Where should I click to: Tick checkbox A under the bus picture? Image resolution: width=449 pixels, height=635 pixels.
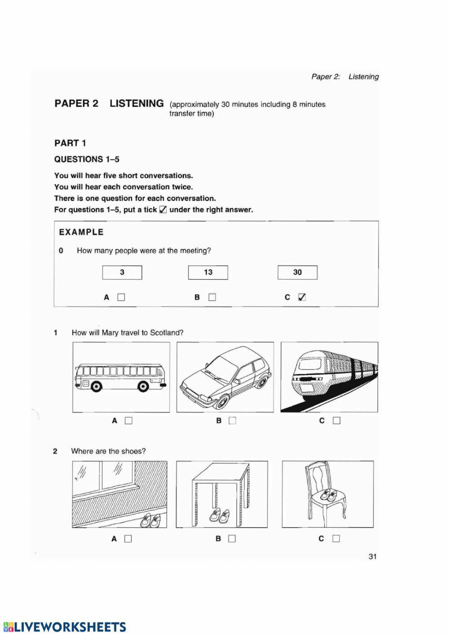tap(129, 421)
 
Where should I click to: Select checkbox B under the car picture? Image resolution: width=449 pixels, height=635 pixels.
tap(232, 421)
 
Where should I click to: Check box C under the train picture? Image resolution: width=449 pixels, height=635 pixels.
tap(337, 421)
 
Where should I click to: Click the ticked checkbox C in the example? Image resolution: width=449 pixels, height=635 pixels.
tap(302, 297)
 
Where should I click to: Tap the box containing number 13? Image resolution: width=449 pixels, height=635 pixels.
tap(208, 272)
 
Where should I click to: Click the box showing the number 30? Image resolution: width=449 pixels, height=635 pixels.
tap(297, 272)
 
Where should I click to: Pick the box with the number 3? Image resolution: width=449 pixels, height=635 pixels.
tap(122, 272)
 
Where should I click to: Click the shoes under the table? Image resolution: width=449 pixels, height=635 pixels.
tap(220, 516)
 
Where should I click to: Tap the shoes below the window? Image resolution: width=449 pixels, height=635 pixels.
tap(151, 520)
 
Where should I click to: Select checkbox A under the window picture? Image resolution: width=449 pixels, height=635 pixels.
tap(128, 538)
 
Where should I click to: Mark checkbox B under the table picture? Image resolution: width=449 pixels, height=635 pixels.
tap(232, 538)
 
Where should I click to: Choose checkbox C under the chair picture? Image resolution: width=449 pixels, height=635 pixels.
tap(336, 538)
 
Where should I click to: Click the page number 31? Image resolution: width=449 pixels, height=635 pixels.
tap(372, 556)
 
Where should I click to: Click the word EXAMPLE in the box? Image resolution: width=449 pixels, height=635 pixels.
tap(81, 232)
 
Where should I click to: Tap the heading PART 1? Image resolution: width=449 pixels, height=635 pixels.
tap(70, 143)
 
